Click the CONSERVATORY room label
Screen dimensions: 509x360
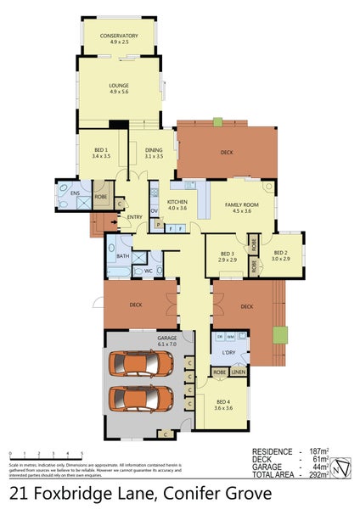click(x=119, y=36)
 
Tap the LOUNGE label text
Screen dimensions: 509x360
click(x=119, y=86)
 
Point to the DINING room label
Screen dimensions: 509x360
click(x=154, y=150)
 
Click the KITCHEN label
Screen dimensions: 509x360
click(x=177, y=202)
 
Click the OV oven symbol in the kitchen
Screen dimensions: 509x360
click(x=154, y=210)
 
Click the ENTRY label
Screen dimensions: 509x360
click(x=135, y=217)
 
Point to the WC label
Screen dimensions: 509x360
click(x=147, y=271)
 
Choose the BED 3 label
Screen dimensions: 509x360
click(x=227, y=254)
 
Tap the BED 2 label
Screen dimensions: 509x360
click(x=281, y=254)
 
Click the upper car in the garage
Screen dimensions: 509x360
click(x=141, y=363)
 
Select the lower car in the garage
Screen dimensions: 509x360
click(x=141, y=399)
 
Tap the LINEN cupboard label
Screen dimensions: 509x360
click(x=239, y=372)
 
